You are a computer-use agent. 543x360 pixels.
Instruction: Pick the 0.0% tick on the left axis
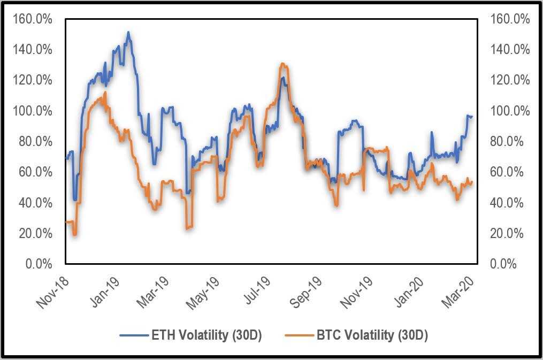[x=39, y=264]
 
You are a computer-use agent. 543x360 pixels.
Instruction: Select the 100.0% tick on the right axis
[x=510, y=111]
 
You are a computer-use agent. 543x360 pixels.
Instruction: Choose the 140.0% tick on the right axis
[x=510, y=50]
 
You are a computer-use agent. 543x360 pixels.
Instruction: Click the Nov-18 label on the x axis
[x=51, y=292]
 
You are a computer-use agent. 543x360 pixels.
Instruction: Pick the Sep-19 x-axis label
[x=307, y=292]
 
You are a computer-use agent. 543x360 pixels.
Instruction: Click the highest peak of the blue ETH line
[x=128, y=32]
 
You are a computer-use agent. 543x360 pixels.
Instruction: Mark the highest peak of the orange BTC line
[x=282, y=63]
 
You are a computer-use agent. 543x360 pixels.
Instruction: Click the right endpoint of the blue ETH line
[x=472, y=116]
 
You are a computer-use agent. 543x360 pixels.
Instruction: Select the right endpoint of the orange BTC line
[x=472, y=182]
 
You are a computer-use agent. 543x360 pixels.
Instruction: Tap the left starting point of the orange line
[x=66, y=221]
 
